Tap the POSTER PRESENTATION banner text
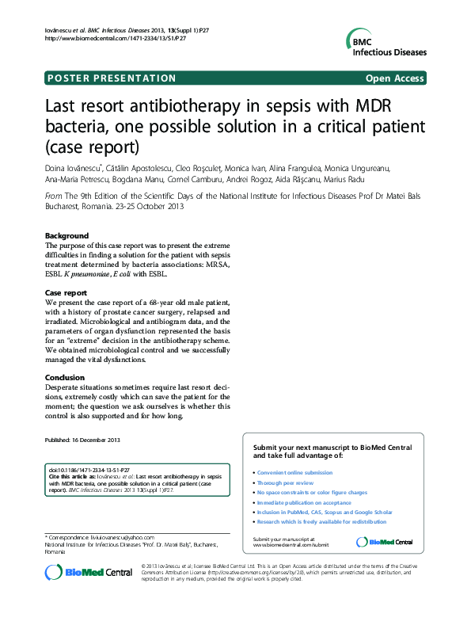(x=112, y=78)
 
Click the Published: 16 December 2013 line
(x=82, y=440)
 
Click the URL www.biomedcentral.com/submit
(x=290, y=545)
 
